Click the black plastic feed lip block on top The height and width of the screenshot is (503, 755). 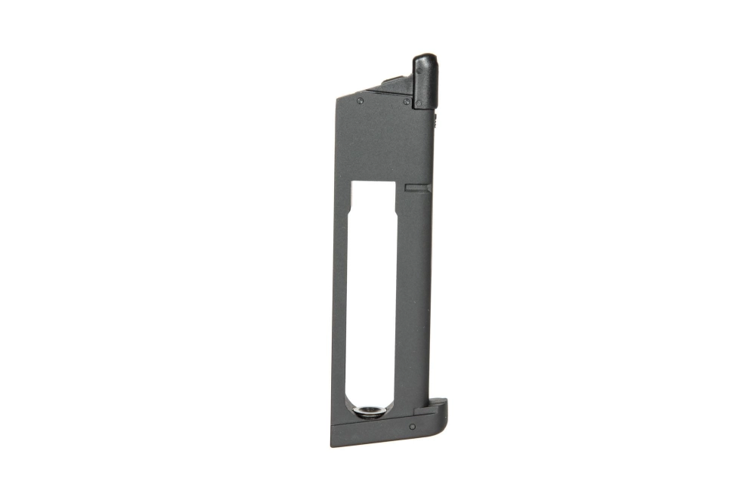click(424, 83)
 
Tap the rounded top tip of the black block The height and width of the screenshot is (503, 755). click(424, 60)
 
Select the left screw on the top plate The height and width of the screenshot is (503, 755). click(360, 100)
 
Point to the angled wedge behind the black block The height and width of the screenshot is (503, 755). click(395, 85)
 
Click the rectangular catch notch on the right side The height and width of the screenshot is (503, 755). click(417, 186)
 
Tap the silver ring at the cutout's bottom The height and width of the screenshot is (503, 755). click(370, 411)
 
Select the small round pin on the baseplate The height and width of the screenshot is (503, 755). click(411, 427)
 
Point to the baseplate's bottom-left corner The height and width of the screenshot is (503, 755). click(333, 443)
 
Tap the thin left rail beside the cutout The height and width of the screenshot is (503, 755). click(339, 302)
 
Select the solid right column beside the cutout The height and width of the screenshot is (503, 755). click(414, 302)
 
